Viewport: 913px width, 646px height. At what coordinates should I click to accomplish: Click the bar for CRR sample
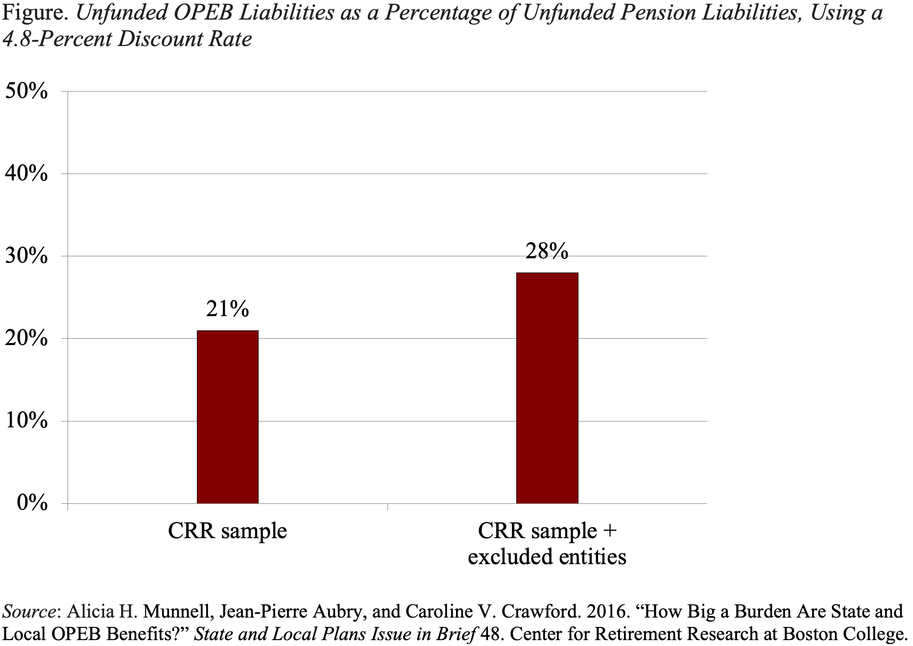[x=227, y=417]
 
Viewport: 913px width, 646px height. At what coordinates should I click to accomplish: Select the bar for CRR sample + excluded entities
[x=547, y=388]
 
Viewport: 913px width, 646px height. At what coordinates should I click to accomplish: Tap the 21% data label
[x=227, y=309]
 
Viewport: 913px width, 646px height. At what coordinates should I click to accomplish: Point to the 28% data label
[x=547, y=251]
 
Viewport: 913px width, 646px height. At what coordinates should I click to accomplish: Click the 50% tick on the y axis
[x=26, y=91]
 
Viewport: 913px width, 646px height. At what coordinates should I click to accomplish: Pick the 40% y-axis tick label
[x=26, y=174]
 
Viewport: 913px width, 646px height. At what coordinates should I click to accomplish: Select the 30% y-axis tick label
[x=26, y=256]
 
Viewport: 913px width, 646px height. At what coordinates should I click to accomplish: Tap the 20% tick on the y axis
[x=26, y=338]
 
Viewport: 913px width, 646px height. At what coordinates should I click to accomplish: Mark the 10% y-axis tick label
[x=26, y=421]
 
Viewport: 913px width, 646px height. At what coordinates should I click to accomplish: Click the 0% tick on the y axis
[x=31, y=503]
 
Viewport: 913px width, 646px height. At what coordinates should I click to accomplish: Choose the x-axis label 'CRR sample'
[x=227, y=531]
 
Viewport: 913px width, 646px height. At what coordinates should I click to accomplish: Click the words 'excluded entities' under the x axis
[x=547, y=557]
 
